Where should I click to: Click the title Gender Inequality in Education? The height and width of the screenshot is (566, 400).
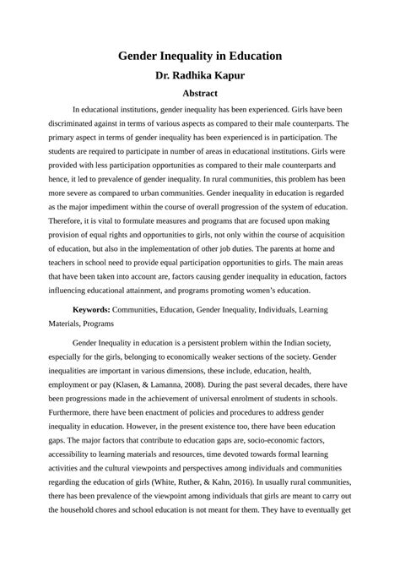[199, 56]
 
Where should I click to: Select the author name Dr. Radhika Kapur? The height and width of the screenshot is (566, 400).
[200, 75]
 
